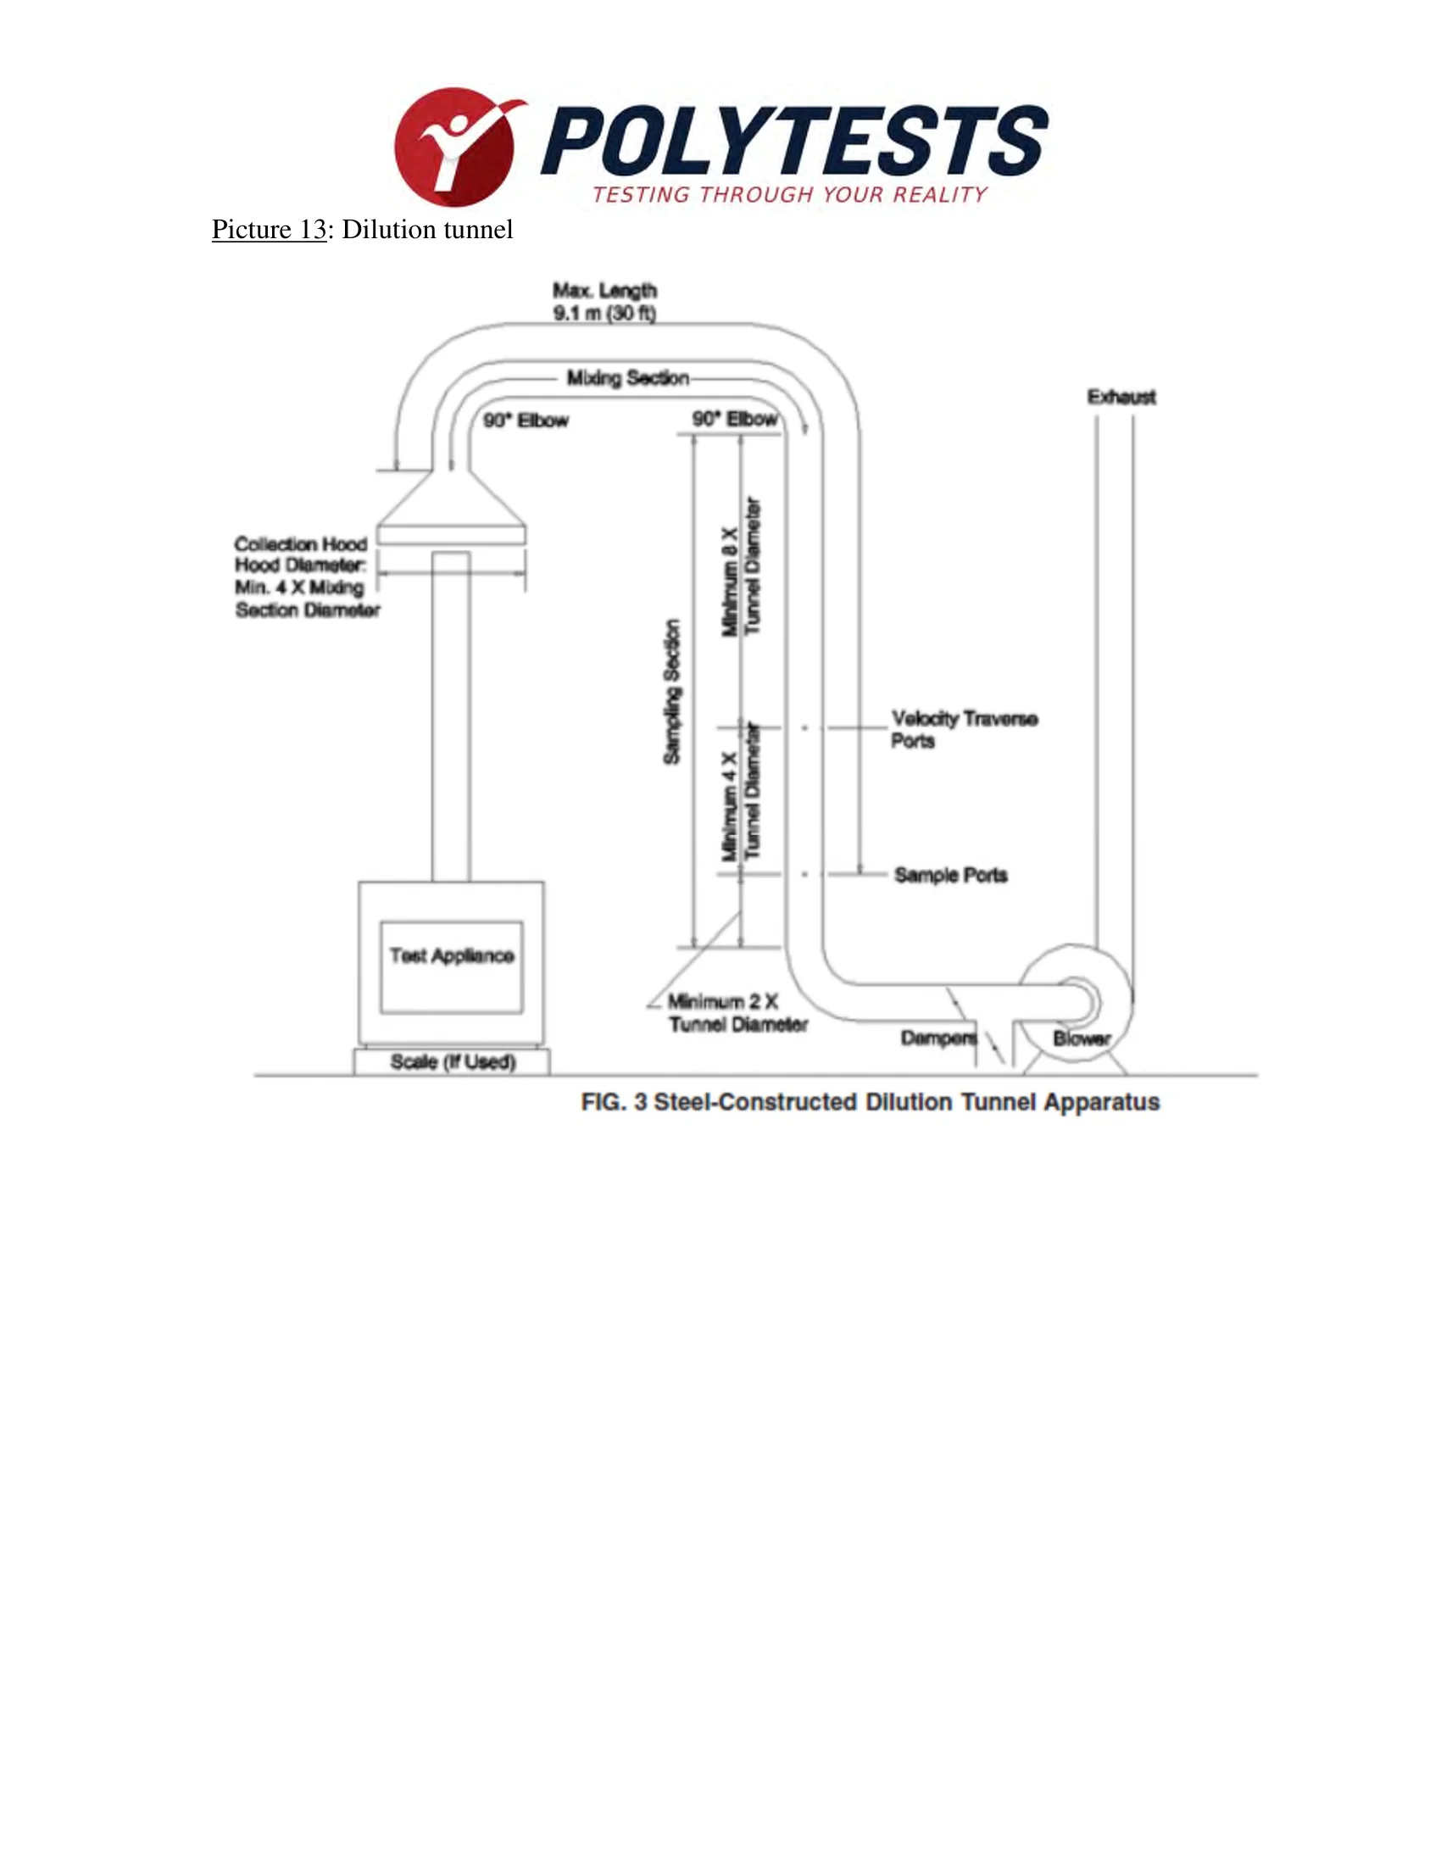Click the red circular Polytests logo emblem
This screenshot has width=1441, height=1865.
[455, 146]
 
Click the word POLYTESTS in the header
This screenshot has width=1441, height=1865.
[795, 140]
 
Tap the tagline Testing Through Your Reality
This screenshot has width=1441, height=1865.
[790, 195]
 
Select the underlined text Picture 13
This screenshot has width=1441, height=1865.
[269, 229]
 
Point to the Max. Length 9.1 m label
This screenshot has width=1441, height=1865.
[604, 302]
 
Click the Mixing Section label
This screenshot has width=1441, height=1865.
[627, 378]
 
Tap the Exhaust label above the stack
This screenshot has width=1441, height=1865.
[1121, 397]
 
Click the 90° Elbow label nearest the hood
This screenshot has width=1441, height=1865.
[526, 420]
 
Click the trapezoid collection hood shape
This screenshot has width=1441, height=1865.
[451, 507]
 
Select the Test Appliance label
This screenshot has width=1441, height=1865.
[452, 955]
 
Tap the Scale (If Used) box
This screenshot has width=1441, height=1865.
[452, 1061]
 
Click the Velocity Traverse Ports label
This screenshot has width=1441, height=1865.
[964, 729]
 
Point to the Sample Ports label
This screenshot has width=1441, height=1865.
[951, 875]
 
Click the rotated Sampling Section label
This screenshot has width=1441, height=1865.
[673, 692]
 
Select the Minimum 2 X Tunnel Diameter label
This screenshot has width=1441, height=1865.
[737, 1012]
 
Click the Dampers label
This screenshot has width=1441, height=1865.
[938, 1038]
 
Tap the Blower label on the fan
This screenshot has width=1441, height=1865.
[1082, 1038]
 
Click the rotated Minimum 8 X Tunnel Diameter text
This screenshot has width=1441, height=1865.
[741, 566]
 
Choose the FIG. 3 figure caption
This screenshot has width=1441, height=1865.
[870, 1101]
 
